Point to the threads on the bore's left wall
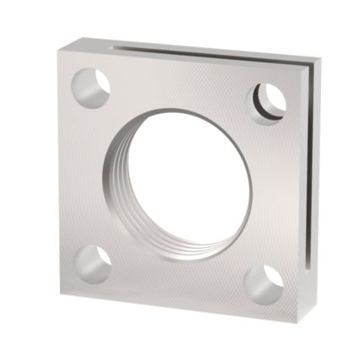coord(113,181)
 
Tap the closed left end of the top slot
coord(114,42)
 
